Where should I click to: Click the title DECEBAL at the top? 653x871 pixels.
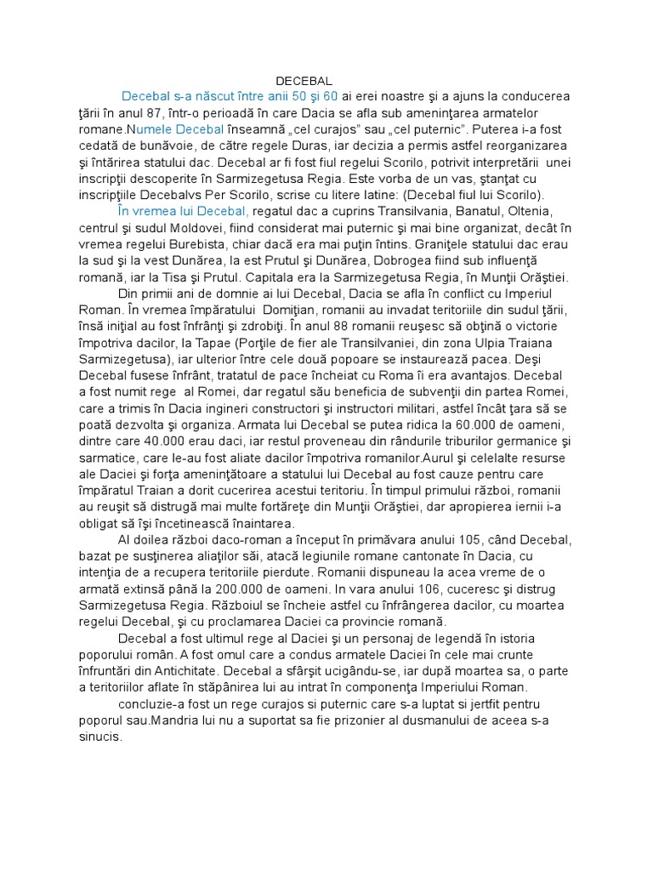[304, 80]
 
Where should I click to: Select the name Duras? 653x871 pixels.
[266, 145]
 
